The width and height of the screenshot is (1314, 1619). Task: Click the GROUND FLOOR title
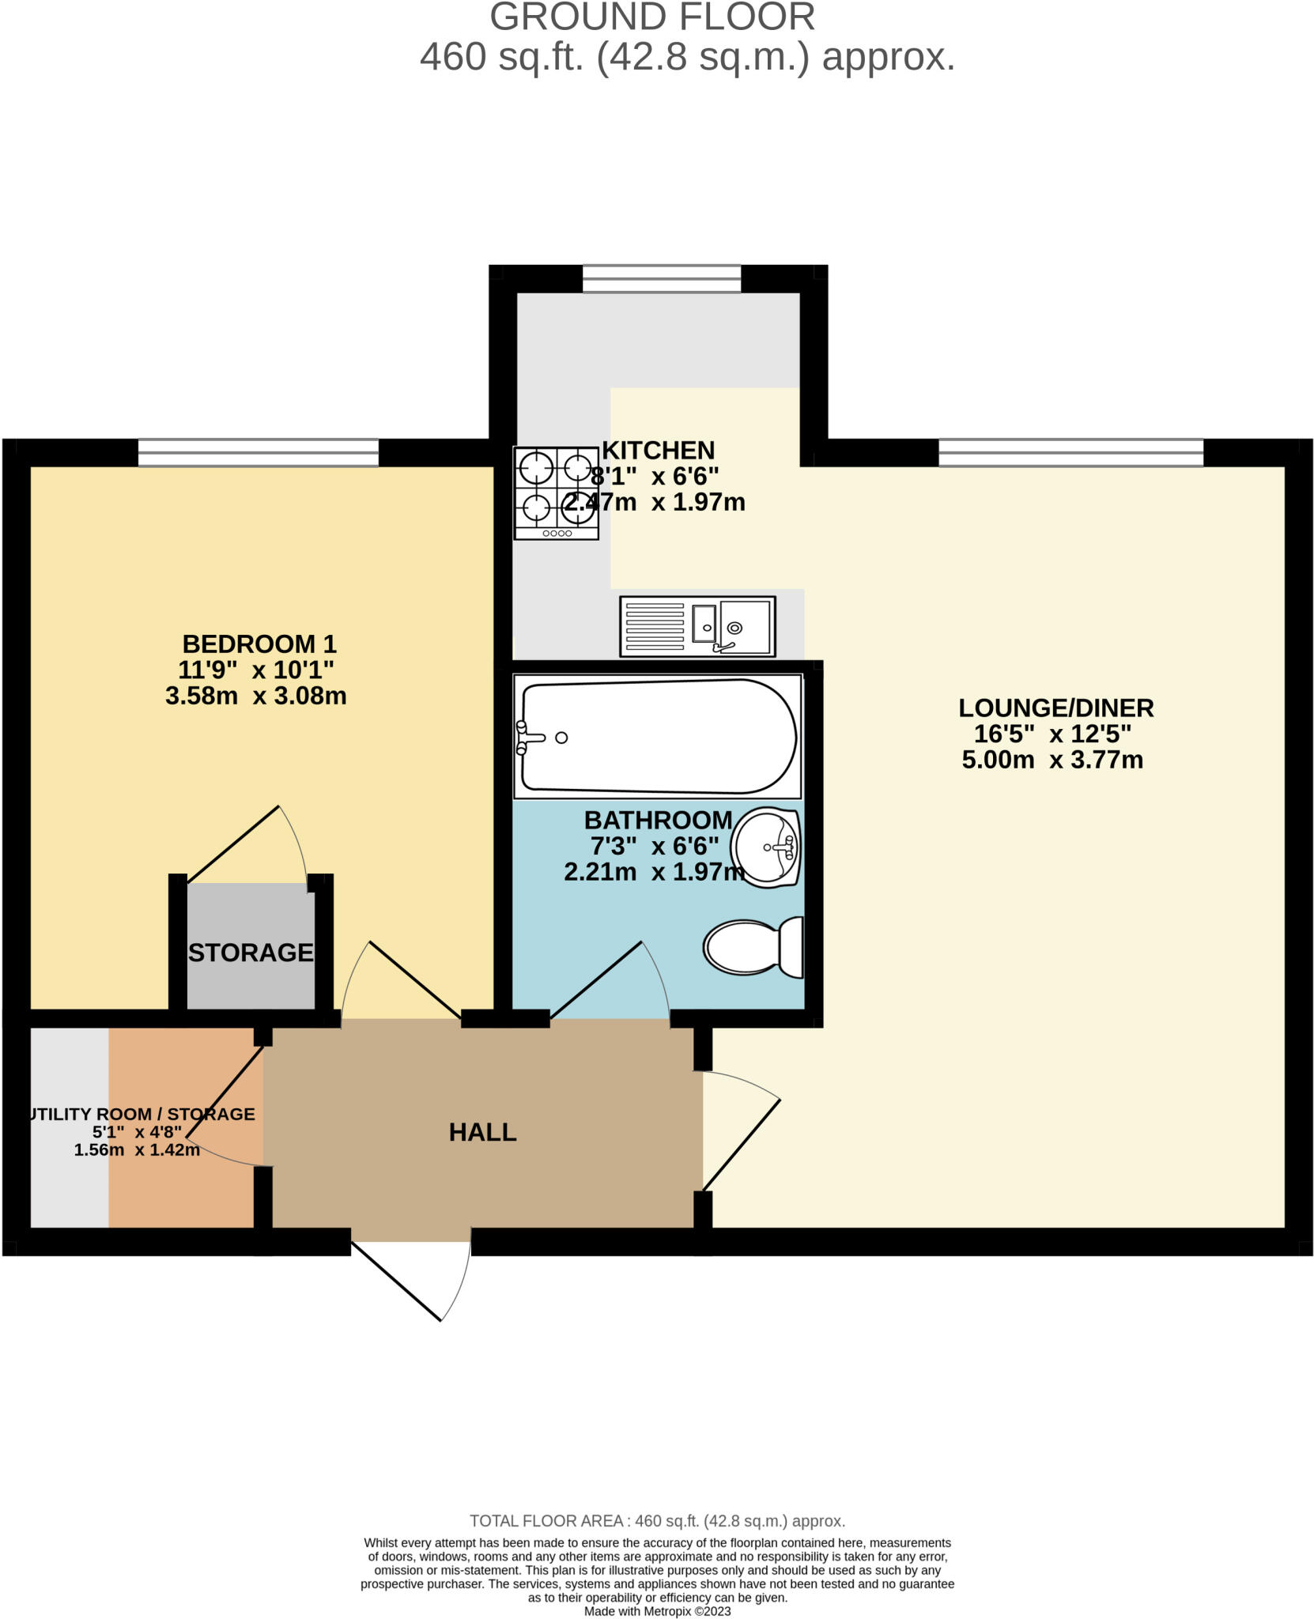[x=652, y=17]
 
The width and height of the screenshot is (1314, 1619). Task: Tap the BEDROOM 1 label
[x=259, y=643]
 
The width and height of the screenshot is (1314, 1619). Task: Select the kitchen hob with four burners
[x=556, y=492]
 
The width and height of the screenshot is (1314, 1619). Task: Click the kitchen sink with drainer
[x=697, y=626]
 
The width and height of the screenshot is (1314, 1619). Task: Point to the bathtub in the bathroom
[x=657, y=736]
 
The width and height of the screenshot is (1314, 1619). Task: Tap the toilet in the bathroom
[x=753, y=946]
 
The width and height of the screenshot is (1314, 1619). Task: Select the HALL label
[x=482, y=1132]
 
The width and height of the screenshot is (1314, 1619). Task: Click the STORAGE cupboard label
[x=251, y=953]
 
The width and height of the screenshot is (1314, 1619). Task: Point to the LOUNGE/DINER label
[x=1055, y=708]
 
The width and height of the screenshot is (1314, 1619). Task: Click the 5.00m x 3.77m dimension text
[x=1052, y=760]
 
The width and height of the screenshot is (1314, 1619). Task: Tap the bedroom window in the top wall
[x=258, y=453]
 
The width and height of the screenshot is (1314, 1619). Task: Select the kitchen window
[x=662, y=279]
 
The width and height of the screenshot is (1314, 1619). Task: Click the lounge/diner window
[x=1070, y=453]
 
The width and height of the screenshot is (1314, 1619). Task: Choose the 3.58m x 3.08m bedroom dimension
[x=255, y=696]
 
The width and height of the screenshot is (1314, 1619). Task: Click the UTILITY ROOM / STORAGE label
[x=141, y=1114]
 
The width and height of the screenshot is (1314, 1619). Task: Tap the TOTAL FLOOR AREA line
[x=657, y=1520]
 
